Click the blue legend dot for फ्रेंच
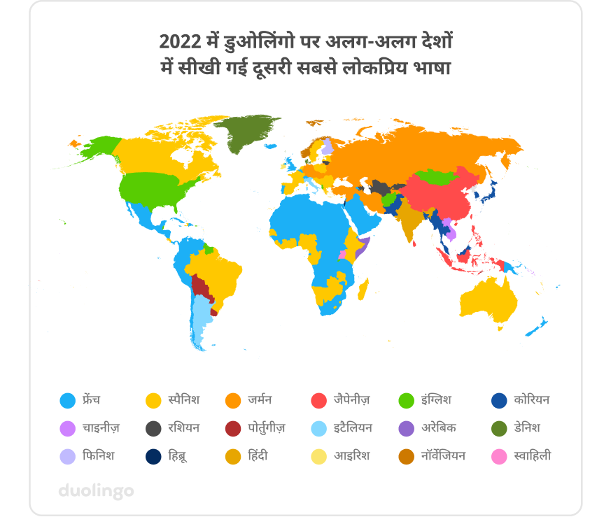67,401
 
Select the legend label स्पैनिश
183,400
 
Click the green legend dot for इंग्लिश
405,401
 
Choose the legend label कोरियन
531,400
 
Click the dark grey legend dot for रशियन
152,428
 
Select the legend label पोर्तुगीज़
266,427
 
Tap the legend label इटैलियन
353,427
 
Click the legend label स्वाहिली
532,455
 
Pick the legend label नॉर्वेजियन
444,455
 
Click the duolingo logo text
95,490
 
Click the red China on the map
434,192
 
